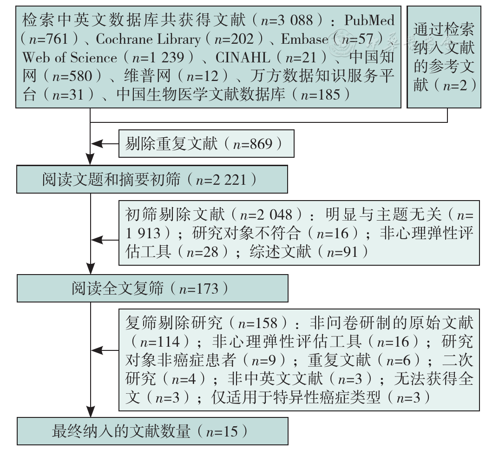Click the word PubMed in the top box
tap(369, 20)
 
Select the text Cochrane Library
tap(148, 39)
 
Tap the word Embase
tap(304, 39)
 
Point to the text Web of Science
tap(70, 58)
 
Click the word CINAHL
tap(243, 58)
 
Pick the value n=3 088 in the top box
tap(287, 20)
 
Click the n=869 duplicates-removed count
tap(252, 144)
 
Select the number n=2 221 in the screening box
tap(221, 180)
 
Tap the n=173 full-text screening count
tap(199, 289)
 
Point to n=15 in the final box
tap(222, 432)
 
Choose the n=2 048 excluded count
tap(266, 215)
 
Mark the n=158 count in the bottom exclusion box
tap(257, 323)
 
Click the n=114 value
tap(160, 342)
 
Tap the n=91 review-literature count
tap(342, 252)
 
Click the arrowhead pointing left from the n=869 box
tap(96, 144)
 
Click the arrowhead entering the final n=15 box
tap(90, 412)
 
